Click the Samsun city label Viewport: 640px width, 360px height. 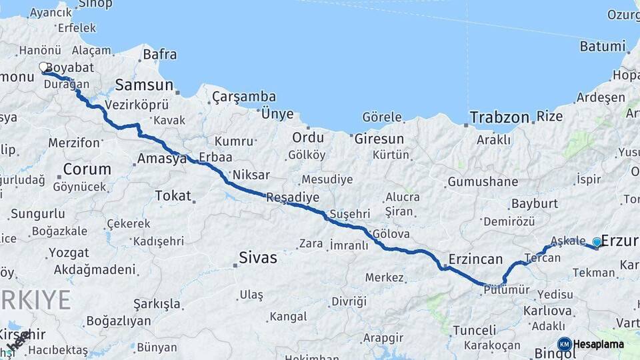click(x=144, y=85)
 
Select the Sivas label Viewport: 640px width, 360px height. click(x=258, y=257)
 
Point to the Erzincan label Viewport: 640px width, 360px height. click(x=475, y=258)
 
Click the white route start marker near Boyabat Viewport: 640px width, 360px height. click(x=44, y=67)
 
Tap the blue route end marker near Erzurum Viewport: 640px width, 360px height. click(x=597, y=242)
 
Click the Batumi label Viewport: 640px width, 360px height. click(x=603, y=47)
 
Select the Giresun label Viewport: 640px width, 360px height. click(x=379, y=139)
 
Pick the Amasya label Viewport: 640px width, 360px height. click(x=161, y=159)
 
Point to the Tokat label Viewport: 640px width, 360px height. click(x=173, y=196)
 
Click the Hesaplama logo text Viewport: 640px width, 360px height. click(x=598, y=345)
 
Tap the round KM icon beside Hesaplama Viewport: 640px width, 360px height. click(x=564, y=344)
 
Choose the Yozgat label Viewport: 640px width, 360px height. click(x=69, y=253)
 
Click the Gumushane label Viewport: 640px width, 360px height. click(x=483, y=181)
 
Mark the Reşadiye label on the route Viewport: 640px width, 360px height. click(x=292, y=197)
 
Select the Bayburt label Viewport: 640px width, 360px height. click(x=534, y=203)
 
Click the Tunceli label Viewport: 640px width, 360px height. click(x=475, y=330)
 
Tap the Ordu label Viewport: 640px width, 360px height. click(x=308, y=138)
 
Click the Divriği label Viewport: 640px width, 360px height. click(x=349, y=301)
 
